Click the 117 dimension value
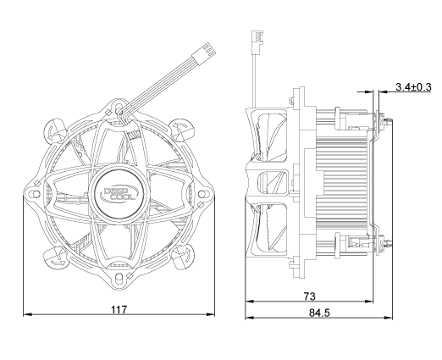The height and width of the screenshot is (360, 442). (119, 310)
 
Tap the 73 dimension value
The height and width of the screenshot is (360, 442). (309, 296)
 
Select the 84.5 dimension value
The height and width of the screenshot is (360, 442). (319, 313)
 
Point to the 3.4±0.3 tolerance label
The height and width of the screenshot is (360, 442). (413, 87)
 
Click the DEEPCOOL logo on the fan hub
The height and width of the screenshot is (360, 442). (119, 194)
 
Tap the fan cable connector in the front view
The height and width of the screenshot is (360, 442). (203, 54)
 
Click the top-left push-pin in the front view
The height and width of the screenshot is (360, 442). (55, 130)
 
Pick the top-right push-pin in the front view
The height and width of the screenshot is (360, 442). (182, 130)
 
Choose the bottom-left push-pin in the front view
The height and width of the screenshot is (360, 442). (56, 258)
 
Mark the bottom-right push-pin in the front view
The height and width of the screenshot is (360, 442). (182, 258)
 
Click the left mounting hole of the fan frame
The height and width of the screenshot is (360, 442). (36, 194)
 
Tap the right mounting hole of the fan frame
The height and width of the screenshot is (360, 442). (202, 194)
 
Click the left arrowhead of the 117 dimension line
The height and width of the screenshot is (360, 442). (27, 314)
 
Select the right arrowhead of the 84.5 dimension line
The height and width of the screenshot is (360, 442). (389, 318)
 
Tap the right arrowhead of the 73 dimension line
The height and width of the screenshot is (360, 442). (369, 302)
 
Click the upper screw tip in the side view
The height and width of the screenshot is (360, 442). (389, 122)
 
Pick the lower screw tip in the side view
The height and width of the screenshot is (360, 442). (389, 243)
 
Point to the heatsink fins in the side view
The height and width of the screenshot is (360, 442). (341, 180)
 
